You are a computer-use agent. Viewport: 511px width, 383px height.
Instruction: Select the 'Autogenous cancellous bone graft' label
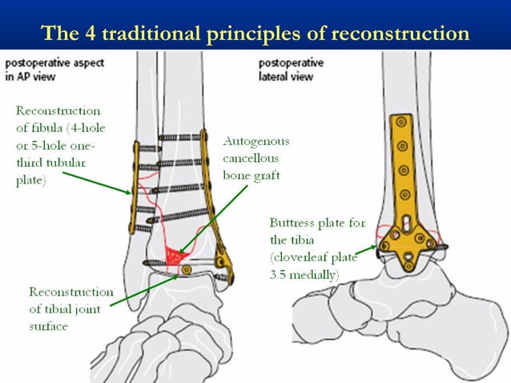(255, 158)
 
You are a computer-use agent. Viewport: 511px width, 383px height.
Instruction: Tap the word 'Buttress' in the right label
(297, 224)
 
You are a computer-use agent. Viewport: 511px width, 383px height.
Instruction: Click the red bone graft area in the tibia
(174, 256)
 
